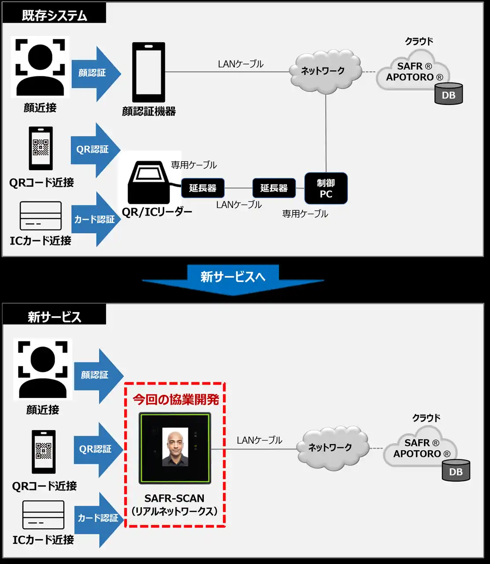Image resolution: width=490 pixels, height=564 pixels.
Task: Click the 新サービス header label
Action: click(54, 317)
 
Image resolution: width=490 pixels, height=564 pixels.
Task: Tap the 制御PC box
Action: click(326, 188)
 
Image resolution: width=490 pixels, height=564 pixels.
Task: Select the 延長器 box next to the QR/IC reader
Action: click(203, 188)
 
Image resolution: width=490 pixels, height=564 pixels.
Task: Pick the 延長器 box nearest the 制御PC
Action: click(273, 188)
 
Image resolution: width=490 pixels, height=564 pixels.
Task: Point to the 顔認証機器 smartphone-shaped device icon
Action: click(149, 72)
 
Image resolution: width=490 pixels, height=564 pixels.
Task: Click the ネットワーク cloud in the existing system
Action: click(324, 71)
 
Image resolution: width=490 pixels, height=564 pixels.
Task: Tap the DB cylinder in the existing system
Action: click(449, 94)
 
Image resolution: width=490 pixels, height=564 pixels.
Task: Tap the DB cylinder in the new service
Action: click(456, 471)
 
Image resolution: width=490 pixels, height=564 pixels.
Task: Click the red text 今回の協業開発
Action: click(176, 399)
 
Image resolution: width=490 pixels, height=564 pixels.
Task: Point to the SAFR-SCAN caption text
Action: click(174, 498)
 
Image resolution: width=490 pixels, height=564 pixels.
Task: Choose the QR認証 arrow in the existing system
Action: click(94, 150)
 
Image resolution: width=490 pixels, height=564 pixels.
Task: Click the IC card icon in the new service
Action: click(43, 515)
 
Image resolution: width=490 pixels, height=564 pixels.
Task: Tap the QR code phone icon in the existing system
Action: click(41, 148)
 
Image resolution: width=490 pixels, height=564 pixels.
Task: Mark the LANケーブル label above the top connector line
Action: click(240, 64)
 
